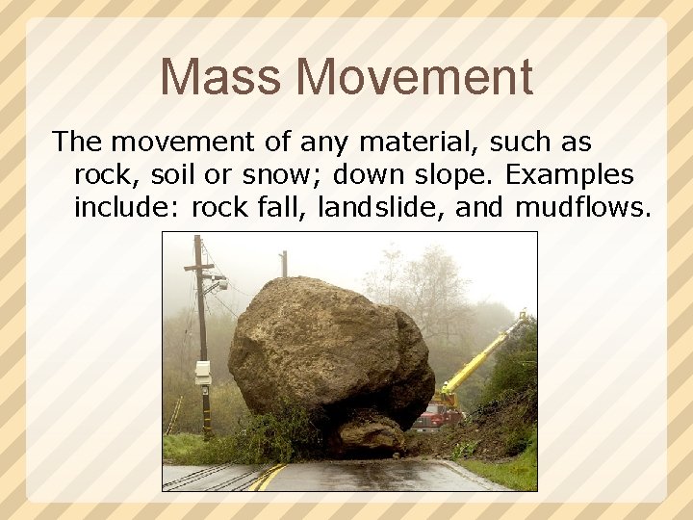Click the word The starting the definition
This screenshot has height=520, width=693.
pyautogui.click(x=76, y=143)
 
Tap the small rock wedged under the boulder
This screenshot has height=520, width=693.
pyautogui.click(x=372, y=433)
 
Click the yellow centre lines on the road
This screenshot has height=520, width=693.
pyautogui.click(x=269, y=477)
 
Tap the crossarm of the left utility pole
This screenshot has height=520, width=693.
pyautogui.click(x=199, y=268)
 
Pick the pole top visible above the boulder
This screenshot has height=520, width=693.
pyautogui.click(x=283, y=263)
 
